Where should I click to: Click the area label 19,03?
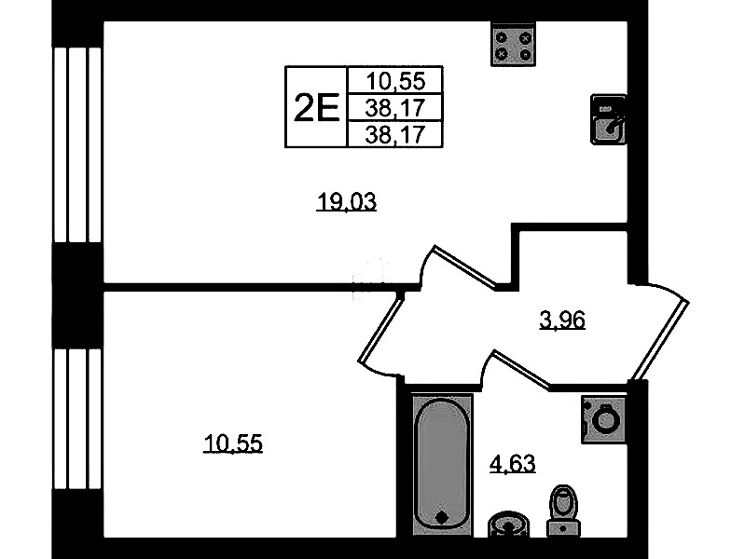tap(346, 202)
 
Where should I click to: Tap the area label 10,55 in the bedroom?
tap(233, 443)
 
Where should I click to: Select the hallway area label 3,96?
tap(562, 320)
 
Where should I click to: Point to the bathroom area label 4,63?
tap(513, 464)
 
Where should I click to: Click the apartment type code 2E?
tap(316, 108)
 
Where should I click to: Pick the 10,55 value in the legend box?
tap(395, 81)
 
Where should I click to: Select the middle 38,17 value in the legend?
tap(395, 108)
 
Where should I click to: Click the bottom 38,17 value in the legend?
tap(395, 135)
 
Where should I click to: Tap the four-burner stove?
tap(513, 45)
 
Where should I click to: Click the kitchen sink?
tap(608, 119)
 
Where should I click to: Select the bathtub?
tap(442, 464)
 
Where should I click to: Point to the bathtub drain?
tap(442, 517)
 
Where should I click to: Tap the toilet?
tap(563, 511)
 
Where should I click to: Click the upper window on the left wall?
tap(77, 144)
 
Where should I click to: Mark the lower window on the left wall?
tap(77, 419)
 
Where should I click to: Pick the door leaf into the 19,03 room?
tap(465, 266)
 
